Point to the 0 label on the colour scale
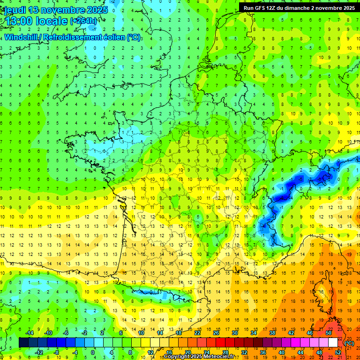point(92,352)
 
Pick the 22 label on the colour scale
point(197,333)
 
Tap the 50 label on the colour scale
point(329,333)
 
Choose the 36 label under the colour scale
point(263,352)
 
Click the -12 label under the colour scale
point(39,352)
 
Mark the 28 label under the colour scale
point(225,352)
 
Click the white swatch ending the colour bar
point(333,343)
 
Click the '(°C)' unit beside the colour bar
point(349,343)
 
